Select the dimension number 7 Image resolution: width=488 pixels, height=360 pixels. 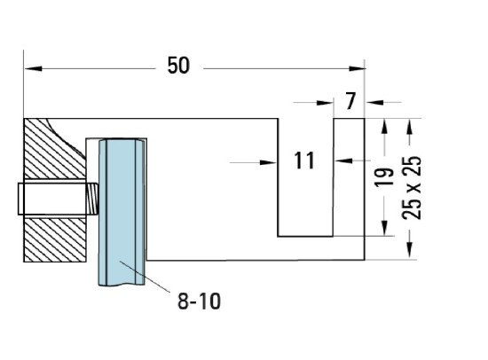[352, 102]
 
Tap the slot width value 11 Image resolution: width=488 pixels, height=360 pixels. [304, 160]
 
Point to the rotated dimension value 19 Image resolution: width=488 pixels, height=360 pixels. [382, 176]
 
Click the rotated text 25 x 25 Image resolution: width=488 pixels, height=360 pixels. [410, 188]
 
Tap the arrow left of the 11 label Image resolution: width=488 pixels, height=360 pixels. [269, 161]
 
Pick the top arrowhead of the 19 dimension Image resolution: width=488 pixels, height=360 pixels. [383, 126]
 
